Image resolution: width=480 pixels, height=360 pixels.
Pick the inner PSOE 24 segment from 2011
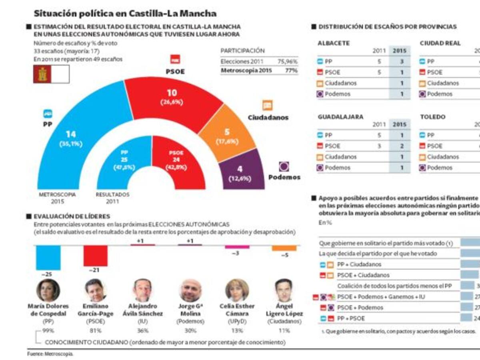point(176,160)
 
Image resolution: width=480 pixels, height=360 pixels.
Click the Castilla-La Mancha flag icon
point(42,74)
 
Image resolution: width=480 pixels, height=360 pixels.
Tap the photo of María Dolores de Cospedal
point(48,290)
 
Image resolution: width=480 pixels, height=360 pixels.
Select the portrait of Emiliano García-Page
point(96,290)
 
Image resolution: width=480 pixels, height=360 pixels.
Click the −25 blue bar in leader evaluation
point(48,257)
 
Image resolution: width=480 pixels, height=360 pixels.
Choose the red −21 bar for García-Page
point(96,256)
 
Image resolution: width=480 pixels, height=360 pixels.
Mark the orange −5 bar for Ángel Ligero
point(284,248)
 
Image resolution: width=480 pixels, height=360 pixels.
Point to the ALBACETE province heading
point(334,43)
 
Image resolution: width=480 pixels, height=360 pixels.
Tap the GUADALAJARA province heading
point(340,117)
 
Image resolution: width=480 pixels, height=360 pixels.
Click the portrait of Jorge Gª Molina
point(190,290)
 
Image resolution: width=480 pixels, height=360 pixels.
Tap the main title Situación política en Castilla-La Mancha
point(125,13)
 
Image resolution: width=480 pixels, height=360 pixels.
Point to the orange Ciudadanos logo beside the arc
point(267,106)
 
